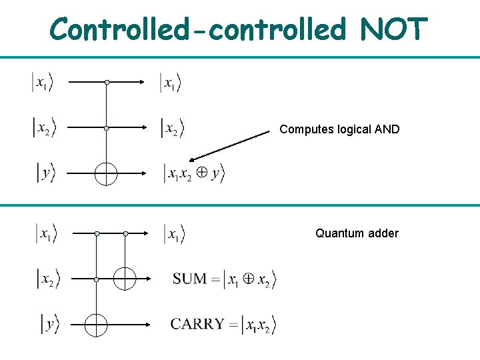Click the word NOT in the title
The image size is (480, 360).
[x=393, y=29]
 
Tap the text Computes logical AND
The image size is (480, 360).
[x=339, y=129]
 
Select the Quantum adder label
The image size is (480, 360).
[x=357, y=233]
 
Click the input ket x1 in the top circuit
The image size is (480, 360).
[x=42, y=83]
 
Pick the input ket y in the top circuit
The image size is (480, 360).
[x=45, y=173]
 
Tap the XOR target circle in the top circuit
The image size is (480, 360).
[x=106, y=173]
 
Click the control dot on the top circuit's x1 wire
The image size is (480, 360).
[x=107, y=83]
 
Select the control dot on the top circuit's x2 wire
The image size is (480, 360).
[x=107, y=127]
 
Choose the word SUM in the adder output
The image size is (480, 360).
[x=189, y=279]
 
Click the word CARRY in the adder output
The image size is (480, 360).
[x=197, y=325]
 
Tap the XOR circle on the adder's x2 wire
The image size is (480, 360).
[x=125, y=279]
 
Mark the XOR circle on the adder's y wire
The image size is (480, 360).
[x=97, y=325]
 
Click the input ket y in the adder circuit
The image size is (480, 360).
[x=49, y=325]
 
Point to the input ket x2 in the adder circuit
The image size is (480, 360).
[x=47, y=279]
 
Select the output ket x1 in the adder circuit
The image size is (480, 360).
[x=174, y=234]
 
